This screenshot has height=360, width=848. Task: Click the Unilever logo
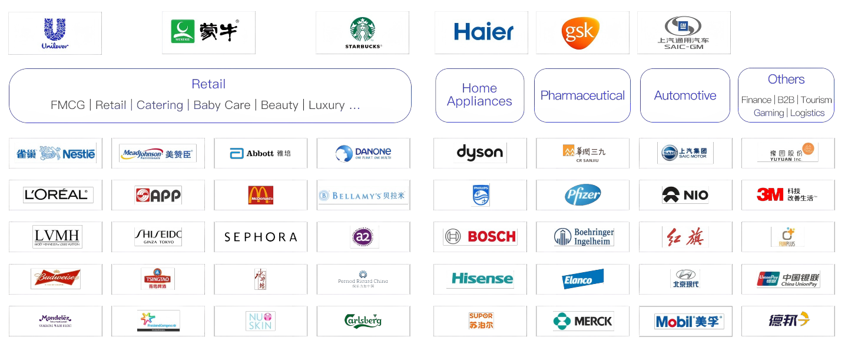[x=55, y=33]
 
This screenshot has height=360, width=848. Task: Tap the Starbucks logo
[x=362, y=32]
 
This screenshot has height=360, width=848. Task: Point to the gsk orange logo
[x=580, y=32]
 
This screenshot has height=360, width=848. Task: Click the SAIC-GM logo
[x=684, y=32]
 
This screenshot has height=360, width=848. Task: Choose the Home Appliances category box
[x=479, y=95]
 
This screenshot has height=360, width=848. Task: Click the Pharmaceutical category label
[x=582, y=95]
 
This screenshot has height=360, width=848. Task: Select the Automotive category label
[x=685, y=95]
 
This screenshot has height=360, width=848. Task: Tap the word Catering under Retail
[x=160, y=105]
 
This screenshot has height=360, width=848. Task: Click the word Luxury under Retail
[x=327, y=105]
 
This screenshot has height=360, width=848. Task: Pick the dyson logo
[x=480, y=153]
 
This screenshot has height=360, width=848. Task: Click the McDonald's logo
[x=260, y=195]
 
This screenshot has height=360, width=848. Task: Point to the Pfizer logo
[x=582, y=195]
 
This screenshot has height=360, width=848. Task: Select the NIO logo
[x=685, y=195]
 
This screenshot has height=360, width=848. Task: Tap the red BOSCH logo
[x=480, y=237]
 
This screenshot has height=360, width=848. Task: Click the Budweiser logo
[x=55, y=279]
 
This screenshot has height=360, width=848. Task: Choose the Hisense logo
[x=480, y=279]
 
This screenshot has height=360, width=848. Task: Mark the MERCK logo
[x=583, y=321]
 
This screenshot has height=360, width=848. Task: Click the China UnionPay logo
[x=788, y=279]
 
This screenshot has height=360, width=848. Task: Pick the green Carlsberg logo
[x=363, y=321]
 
